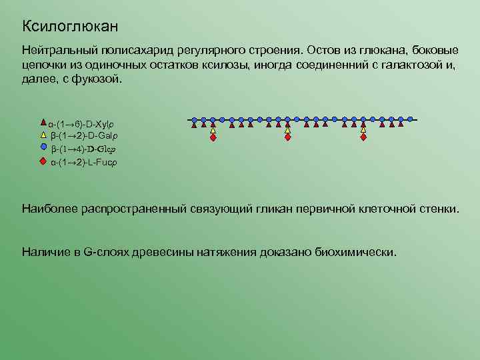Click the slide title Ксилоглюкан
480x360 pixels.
pos(70,26)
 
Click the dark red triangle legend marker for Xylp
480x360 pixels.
pos(43,123)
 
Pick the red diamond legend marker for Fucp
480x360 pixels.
pos(43,161)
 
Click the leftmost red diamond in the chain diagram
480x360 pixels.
pos(213,139)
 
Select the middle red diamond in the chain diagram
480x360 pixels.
pos(287,139)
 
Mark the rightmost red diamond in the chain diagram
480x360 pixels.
pos(363,139)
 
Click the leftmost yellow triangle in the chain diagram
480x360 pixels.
pos(213,131)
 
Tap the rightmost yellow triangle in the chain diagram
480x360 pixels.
pos(363,131)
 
